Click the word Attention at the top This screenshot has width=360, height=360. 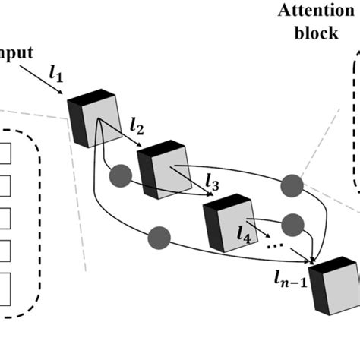tap(311, 11)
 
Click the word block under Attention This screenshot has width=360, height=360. tap(311, 34)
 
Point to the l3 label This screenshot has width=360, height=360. tap(213, 182)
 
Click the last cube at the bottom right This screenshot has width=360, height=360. tap(333, 285)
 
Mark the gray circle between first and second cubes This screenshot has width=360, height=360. tap(120, 176)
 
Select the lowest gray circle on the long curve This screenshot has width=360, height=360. tap(158, 235)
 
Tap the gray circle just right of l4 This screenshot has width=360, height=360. tap(292, 223)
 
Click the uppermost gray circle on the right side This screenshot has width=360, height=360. tap(292, 185)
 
